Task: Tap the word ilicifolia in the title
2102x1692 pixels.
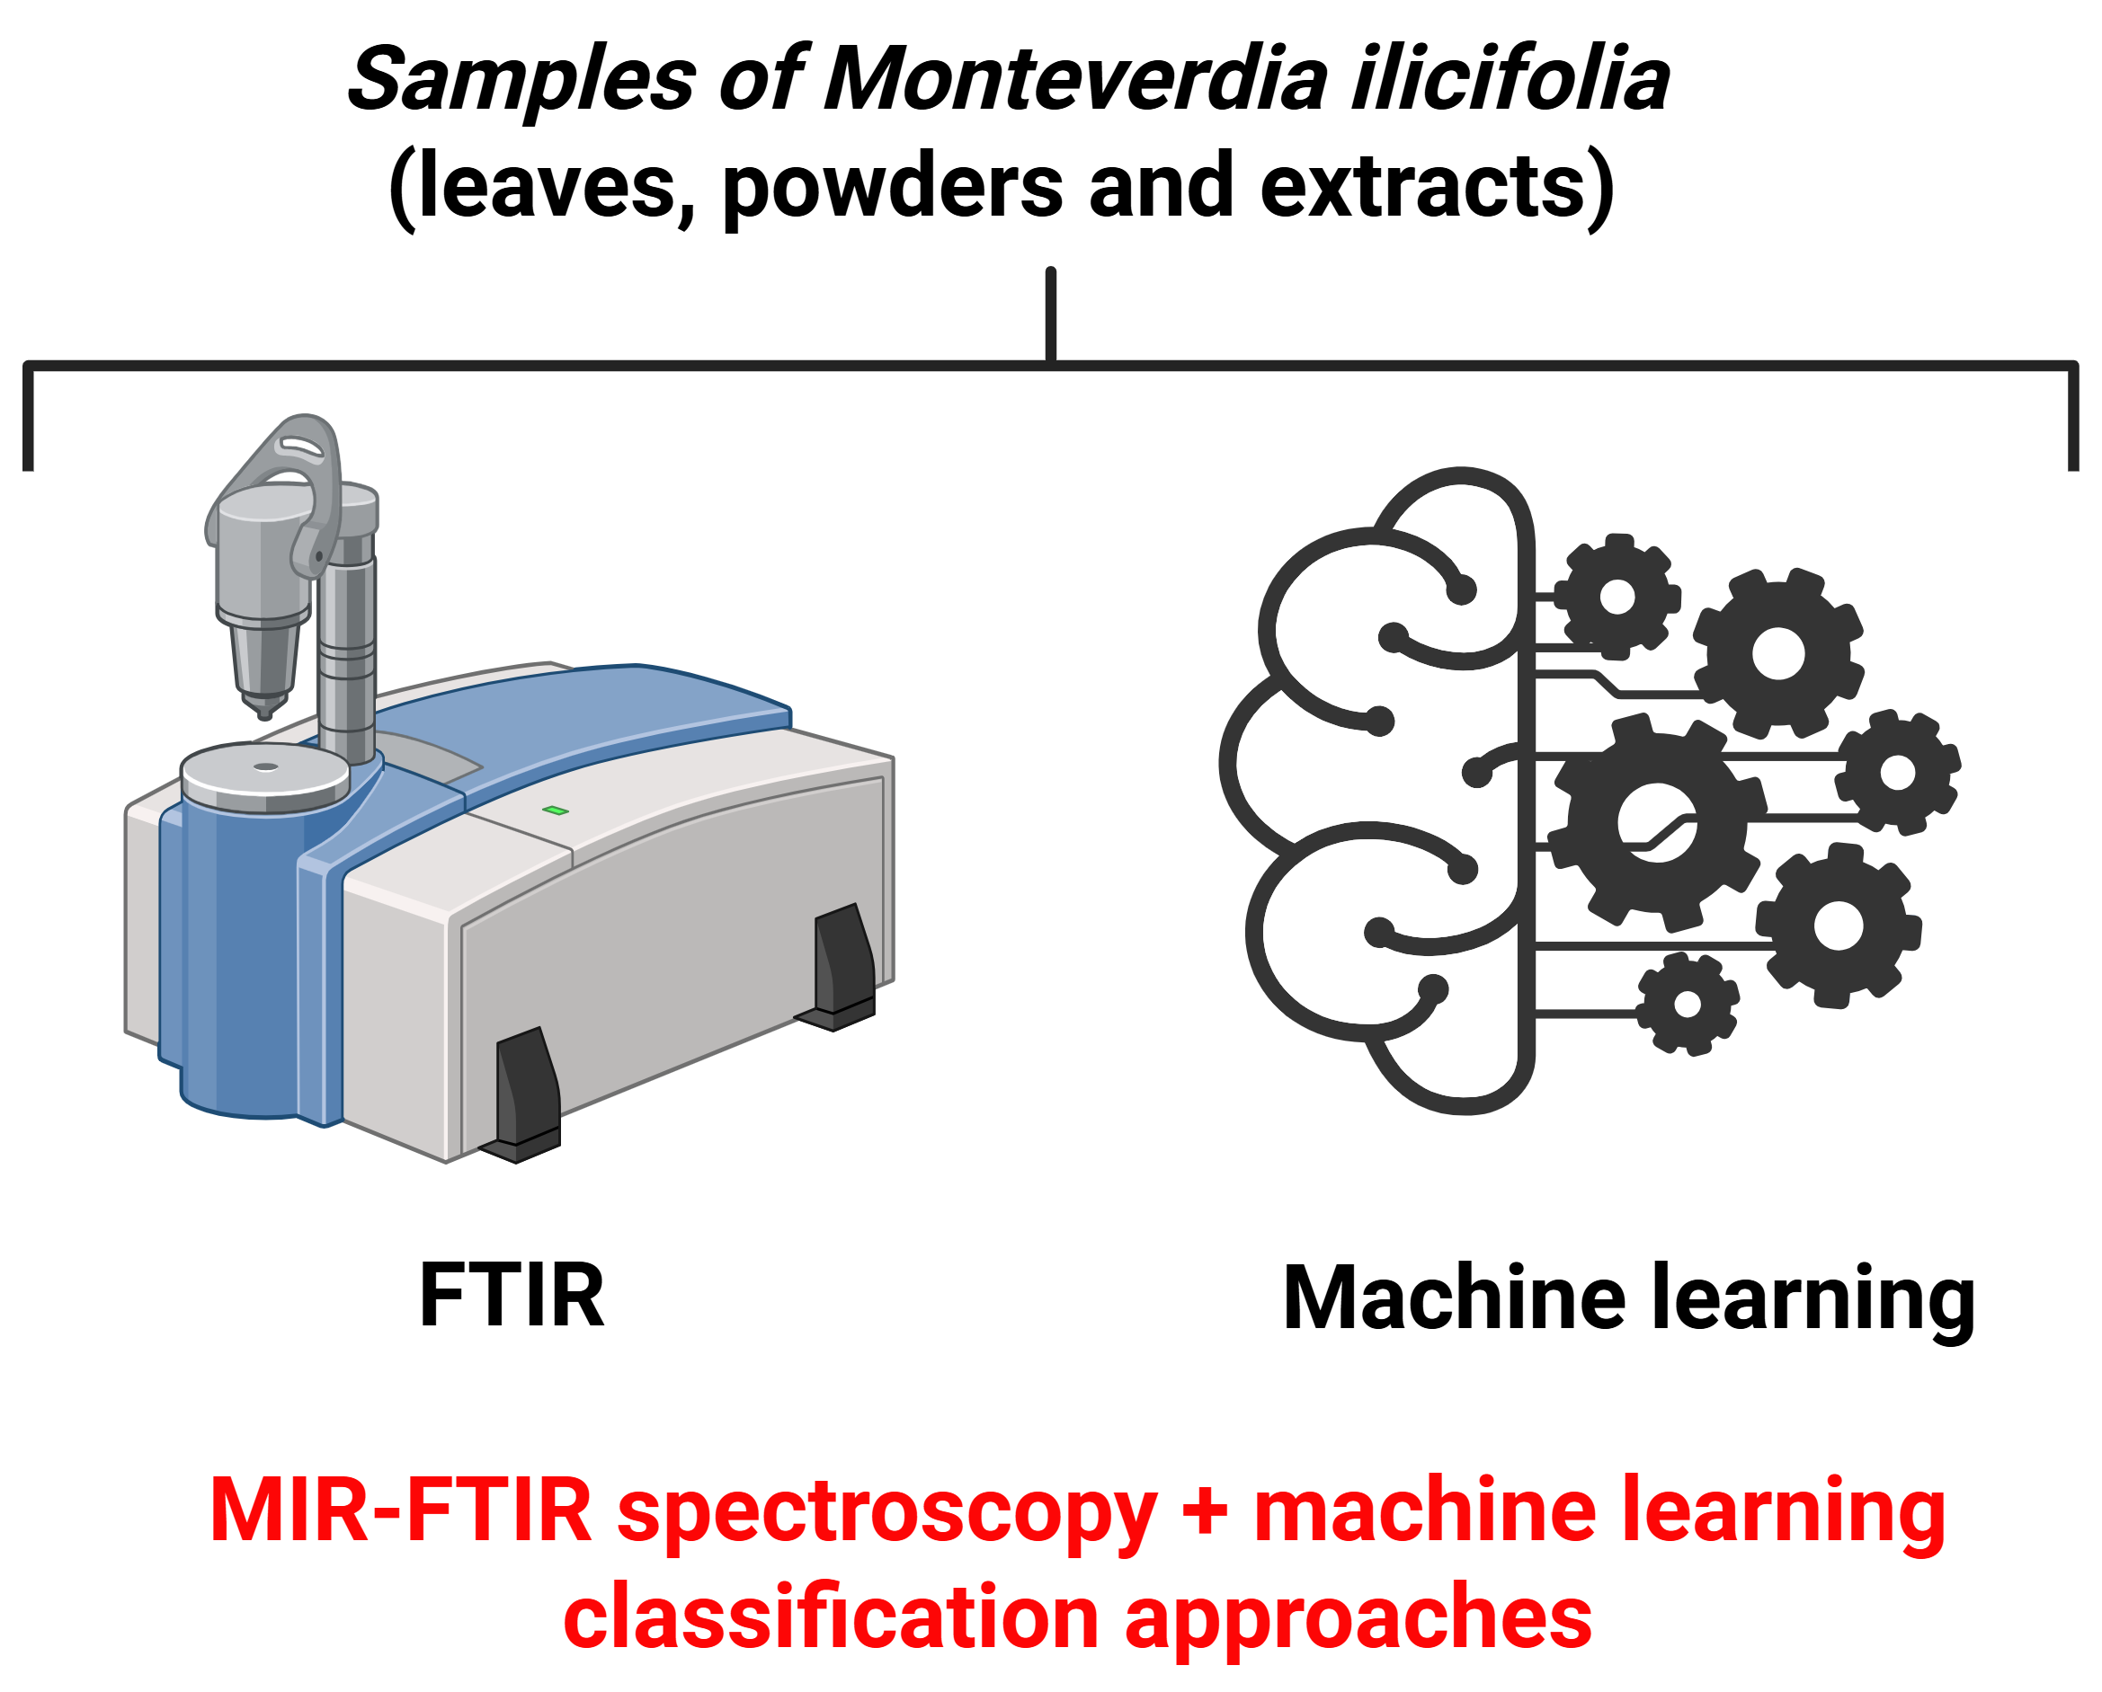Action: point(1510,80)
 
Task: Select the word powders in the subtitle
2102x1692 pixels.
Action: point(891,187)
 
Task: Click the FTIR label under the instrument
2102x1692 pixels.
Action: point(512,1296)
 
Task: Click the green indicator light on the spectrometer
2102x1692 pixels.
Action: point(556,810)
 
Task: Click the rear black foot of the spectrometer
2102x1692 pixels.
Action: point(842,965)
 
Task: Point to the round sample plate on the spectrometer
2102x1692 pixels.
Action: point(265,775)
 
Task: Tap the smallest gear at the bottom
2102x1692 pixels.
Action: point(1687,1004)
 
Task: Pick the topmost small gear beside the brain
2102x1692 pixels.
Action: point(1617,597)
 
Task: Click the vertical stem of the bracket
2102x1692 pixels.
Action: point(1050,314)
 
